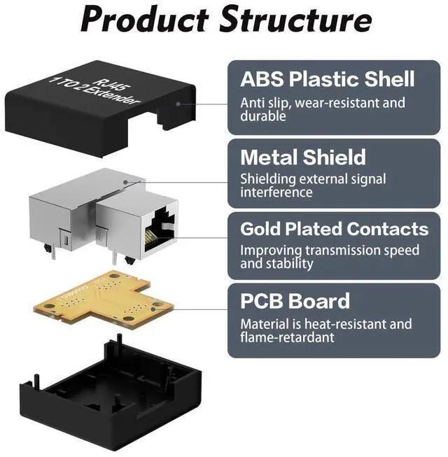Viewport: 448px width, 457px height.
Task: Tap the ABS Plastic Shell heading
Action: pos(328,78)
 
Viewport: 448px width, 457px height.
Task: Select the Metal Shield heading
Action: pos(302,157)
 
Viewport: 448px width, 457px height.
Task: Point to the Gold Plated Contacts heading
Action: pos(334,229)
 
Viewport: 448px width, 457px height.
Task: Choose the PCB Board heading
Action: pos(295,302)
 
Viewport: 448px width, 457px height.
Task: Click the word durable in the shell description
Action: pos(263,116)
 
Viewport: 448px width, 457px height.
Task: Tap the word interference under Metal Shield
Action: pos(276,192)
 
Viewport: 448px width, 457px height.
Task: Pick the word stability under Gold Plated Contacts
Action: pos(288,264)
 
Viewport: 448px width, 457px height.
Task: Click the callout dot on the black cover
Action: pos(179,103)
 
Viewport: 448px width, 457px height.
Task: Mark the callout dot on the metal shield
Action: pos(126,183)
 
